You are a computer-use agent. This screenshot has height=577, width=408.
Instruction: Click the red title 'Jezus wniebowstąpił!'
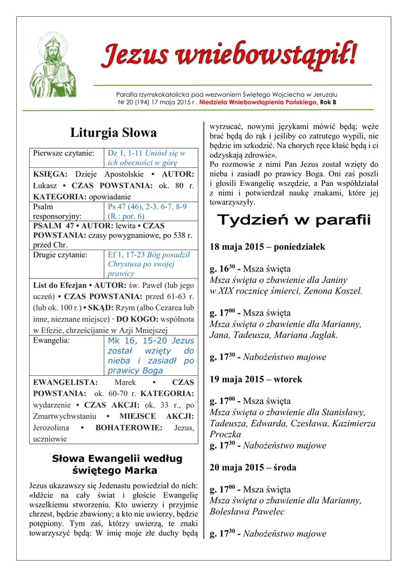point(228,56)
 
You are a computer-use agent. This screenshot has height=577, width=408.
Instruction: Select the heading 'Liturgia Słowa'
point(113,133)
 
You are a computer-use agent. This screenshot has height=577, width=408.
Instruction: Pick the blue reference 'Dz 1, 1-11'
point(125,153)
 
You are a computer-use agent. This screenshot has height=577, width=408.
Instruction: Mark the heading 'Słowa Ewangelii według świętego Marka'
point(117,464)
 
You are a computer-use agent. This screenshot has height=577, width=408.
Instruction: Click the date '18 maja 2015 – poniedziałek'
point(267,247)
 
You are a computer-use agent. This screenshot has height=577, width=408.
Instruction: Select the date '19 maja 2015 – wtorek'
point(255,379)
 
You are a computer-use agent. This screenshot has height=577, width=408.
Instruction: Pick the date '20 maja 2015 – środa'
point(253,468)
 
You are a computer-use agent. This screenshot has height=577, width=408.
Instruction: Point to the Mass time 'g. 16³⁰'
point(222,269)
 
